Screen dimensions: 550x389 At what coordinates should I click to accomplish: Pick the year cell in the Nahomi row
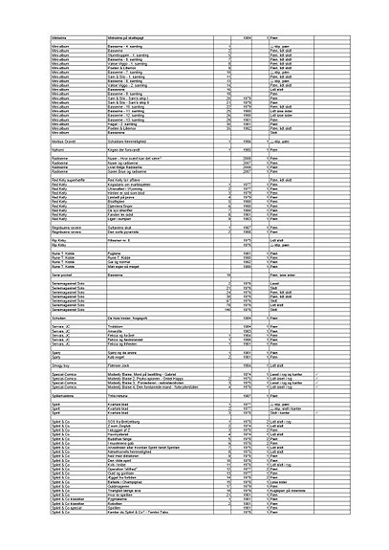pyautogui.click(x=248, y=151)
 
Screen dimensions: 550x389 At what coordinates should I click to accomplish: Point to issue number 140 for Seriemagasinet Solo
pyautogui.click(x=230, y=311)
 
